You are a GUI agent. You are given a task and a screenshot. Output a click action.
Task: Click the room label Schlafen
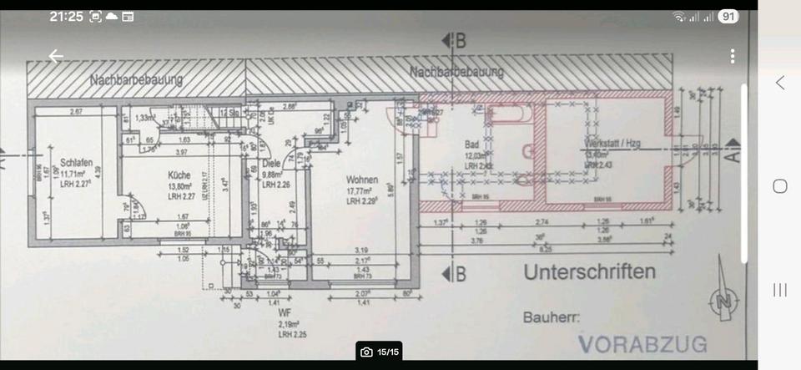75,162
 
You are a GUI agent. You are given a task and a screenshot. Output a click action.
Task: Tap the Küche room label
179,175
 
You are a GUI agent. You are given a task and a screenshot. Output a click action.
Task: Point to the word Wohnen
364,180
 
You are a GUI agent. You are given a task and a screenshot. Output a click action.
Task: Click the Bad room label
472,145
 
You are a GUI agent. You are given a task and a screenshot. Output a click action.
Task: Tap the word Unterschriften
589,272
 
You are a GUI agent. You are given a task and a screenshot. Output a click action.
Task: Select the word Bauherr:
552,317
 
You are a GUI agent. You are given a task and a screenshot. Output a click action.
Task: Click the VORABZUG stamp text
642,344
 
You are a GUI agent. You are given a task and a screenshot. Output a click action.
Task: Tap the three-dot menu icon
733,56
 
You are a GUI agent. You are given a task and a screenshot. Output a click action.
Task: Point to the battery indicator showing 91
728,16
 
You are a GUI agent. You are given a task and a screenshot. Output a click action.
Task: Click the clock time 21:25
66,16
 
